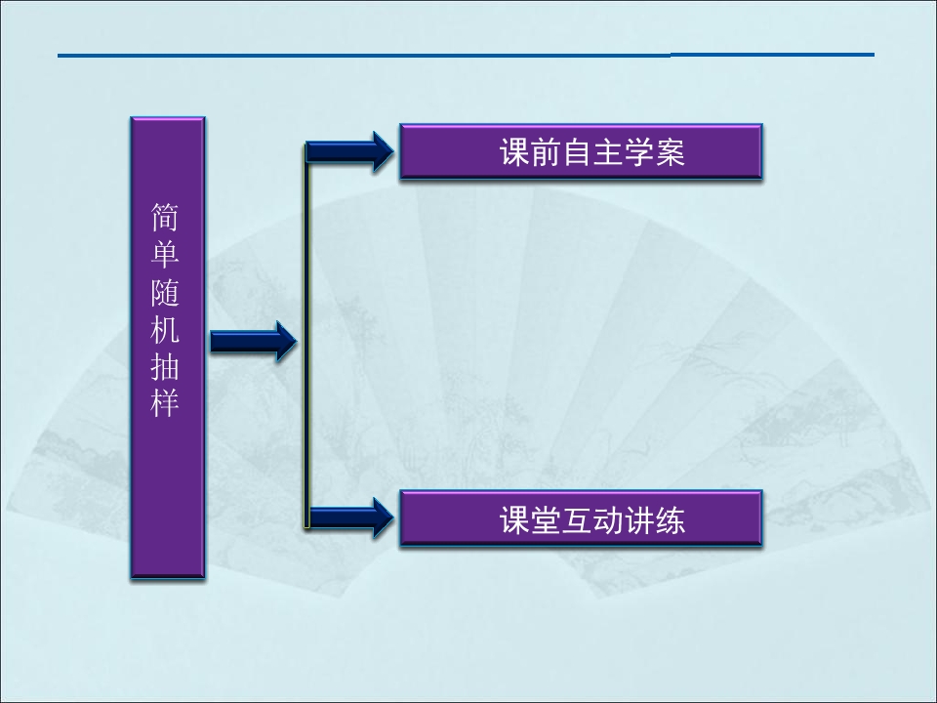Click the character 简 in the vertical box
pos(165,217)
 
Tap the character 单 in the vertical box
pos(165,254)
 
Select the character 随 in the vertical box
pos(165,292)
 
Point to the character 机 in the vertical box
pos(165,329)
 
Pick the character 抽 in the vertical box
pos(165,366)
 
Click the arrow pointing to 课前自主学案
pos(349,151)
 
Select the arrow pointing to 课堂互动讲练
pos(349,517)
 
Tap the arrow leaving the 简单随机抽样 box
pos(254,342)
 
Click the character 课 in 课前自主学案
pos(515,152)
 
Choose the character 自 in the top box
pos(577,152)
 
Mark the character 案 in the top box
pos(670,152)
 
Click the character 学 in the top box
pos(639,152)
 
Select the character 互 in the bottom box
pos(577,519)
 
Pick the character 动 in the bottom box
pos(608,519)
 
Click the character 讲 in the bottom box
pos(639,519)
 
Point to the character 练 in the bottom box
pos(670,519)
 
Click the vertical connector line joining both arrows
pos(307,335)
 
